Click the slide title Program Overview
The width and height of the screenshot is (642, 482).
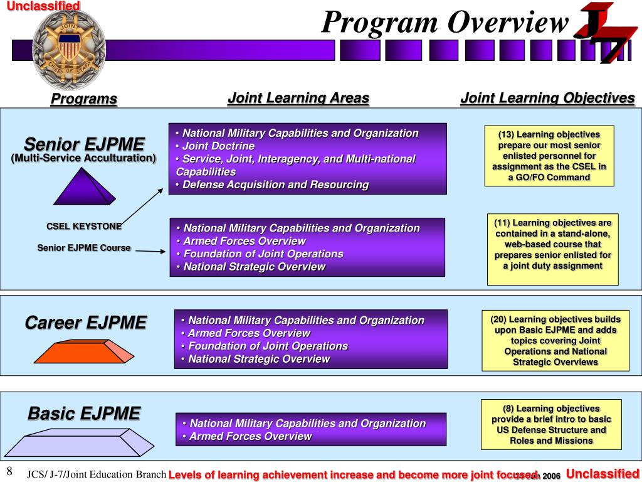[445, 23]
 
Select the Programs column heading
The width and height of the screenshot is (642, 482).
[84, 99]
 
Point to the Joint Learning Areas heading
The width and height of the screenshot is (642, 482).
[298, 98]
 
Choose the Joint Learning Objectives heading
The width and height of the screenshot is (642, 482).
[547, 98]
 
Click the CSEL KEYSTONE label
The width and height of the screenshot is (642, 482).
[84, 226]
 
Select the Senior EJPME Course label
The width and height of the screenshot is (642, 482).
[84, 247]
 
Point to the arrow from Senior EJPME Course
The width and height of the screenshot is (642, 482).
[150, 251]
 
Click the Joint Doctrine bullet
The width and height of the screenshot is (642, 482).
[218, 146]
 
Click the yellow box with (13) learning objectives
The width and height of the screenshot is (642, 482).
[549, 156]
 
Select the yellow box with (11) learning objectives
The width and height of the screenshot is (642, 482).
[552, 249]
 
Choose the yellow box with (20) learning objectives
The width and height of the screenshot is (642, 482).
[555, 340]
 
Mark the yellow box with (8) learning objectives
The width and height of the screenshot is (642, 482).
[551, 424]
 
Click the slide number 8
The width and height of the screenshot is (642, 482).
[10, 472]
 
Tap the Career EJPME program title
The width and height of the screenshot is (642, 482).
[85, 323]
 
